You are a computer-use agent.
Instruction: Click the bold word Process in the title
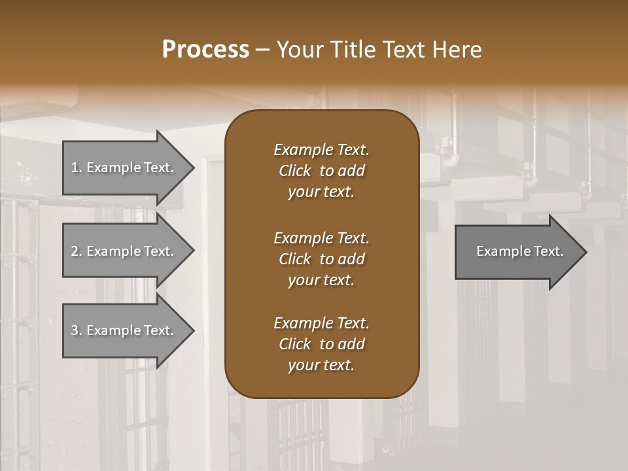coord(205,50)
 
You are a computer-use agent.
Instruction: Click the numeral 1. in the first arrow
coord(76,167)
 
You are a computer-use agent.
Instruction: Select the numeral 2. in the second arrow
coord(76,251)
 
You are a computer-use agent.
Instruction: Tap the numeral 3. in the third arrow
coord(76,330)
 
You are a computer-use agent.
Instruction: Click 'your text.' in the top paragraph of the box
coord(321,192)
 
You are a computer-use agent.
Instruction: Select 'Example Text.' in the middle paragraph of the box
coord(321,237)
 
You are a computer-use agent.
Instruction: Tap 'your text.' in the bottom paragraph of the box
coord(321,366)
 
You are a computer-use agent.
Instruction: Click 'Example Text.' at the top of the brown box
coord(321,150)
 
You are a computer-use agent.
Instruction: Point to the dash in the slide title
coord(263,50)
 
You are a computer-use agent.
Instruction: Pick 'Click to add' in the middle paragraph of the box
coord(321,259)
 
